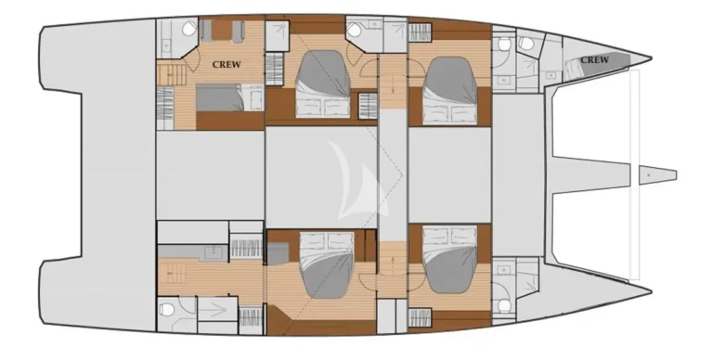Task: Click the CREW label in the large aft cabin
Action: coord(227,65)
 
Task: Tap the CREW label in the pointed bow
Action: coord(594,60)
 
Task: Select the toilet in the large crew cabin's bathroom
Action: coord(188,29)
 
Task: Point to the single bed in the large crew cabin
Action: coord(230,97)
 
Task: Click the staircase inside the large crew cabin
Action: coord(172,74)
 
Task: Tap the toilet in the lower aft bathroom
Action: coord(166,310)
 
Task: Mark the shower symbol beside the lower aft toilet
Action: coord(217,309)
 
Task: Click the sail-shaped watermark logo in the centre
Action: coord(358,182)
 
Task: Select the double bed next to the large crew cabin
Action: coord(323,84)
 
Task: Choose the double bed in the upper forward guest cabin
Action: coord(450,90)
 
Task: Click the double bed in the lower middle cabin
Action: coord(327,264)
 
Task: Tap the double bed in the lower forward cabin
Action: coord(450,259)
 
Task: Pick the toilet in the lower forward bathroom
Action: coord(503,305)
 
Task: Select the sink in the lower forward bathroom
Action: coord(503,270)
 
